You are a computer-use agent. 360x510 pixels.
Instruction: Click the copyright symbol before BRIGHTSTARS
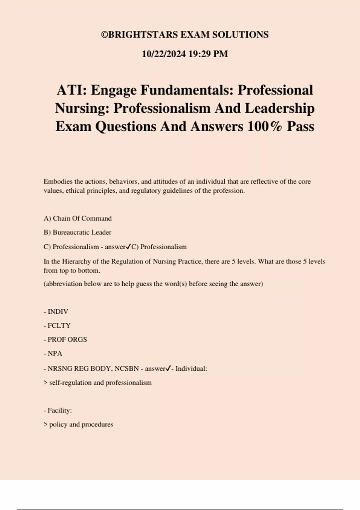click(x=104, y=35)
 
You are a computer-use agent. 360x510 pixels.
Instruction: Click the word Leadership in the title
click(x=280, y=108)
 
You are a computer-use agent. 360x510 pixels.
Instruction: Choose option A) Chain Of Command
click(x=78, y=218)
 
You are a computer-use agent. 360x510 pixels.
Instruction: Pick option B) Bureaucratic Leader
click(x=77, y=232)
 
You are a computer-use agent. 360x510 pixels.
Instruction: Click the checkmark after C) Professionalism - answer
click(x=128, y=247)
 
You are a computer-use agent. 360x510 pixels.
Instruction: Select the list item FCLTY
click(x=59, y=326)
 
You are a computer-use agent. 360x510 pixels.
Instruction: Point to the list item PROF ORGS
click(x=67, y=340)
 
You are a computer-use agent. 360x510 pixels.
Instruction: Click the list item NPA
click(x=55, y=353)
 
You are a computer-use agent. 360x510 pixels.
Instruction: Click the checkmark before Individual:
click(x=168, y=368)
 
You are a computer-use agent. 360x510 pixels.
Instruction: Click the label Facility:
click(x=59, y=410)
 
